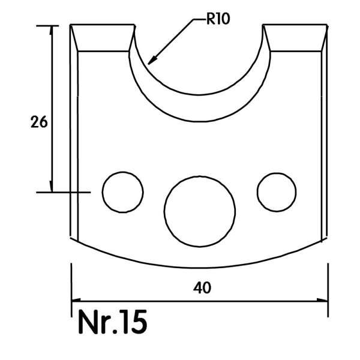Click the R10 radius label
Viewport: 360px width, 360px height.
218,19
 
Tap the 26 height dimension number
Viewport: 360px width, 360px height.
39,122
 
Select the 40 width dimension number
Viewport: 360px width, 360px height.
202,288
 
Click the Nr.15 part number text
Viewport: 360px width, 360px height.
113,322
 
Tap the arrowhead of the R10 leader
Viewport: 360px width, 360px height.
152,61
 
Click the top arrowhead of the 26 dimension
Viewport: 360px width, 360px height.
52,31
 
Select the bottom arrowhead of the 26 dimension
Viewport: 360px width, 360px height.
52,187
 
